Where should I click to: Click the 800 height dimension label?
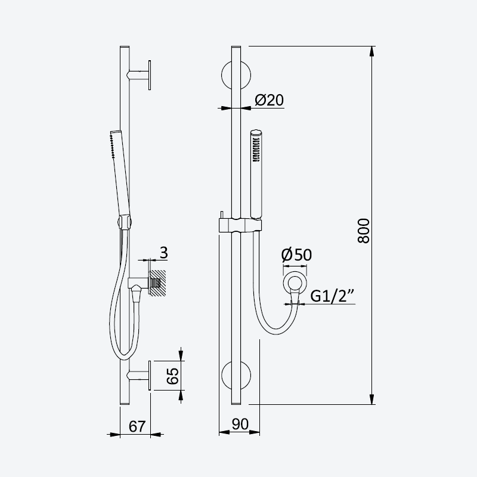click(364, 231)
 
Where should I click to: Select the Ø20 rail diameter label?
click(270, 100)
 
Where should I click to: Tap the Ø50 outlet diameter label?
click(296, 255)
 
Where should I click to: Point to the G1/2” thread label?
click(332, 295)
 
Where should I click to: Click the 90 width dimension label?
click(240, 424)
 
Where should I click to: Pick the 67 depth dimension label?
click(137, 426)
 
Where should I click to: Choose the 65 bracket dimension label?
click(173, 376)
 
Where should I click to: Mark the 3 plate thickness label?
click(163, 252)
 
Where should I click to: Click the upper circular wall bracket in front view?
click(236, 76)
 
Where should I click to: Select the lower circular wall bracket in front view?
click(236, 376)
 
